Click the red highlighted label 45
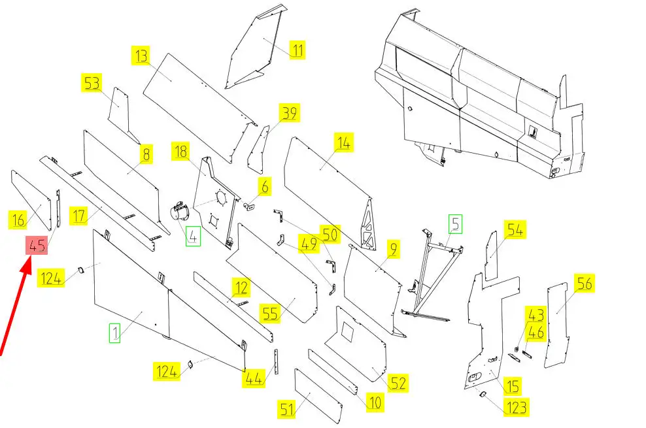(37, 246)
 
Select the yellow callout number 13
(141, 55)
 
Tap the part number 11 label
(297, 50)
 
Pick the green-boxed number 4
(193, 235)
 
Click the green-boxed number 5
(454, 224)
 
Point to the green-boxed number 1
(115, 334)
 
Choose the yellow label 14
(344, 142)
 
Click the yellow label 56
(584, 283)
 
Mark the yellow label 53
(92, 83)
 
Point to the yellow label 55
(270, 313)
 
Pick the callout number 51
(287, 410)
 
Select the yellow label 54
(515, 230)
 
